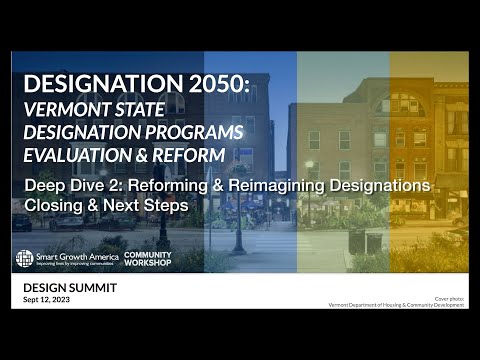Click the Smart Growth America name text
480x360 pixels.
tap(77, 256)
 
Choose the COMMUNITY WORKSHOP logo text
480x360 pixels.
tap(147, 258)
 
